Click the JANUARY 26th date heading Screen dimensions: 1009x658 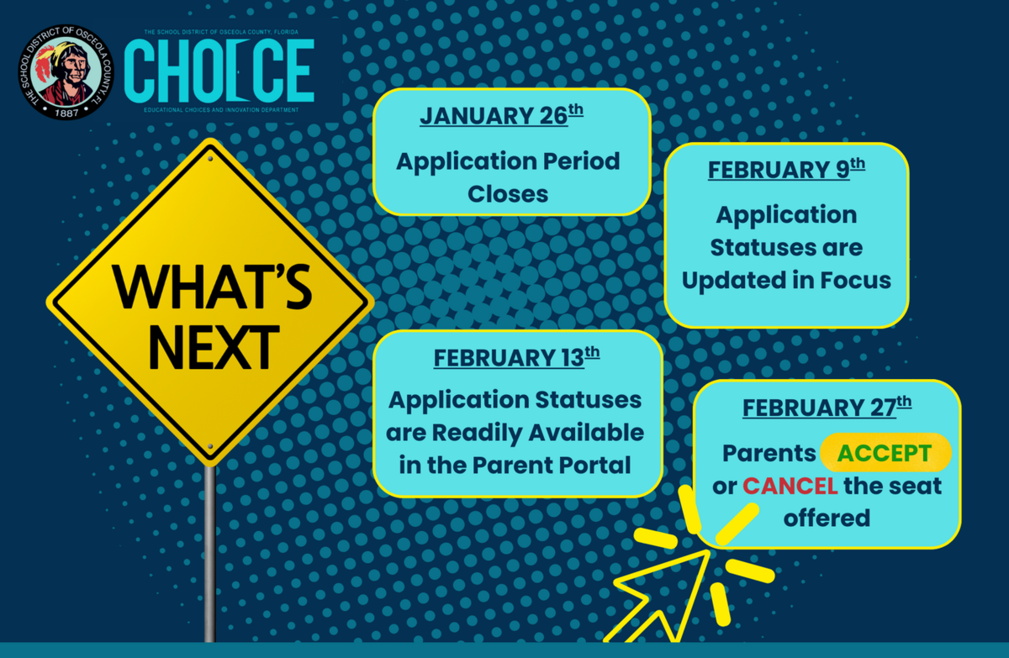click(x=501, y=115)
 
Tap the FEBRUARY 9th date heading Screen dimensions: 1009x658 click(x=786, y=169)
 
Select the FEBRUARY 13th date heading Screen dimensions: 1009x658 click(x=516, y=357)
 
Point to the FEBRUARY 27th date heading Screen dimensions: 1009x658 click(x=827, y=407)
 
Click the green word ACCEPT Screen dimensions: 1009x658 click(x=885, y=453)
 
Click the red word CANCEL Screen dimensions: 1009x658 click(x=790, y=486)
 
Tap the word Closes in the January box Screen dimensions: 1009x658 click(x=508, y=194)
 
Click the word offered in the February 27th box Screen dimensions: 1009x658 click(x=827, y=518)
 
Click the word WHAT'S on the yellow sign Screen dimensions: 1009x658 click(x=212, y=287)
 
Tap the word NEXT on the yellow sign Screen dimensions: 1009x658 click(x=214, y=347)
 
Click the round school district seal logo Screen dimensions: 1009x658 click(x=66, y=72)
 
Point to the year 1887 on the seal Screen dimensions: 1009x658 click(x=66, y=113)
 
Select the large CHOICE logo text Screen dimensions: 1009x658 click(x=219, y=71)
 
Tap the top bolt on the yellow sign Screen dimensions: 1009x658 click(x=210, y=159)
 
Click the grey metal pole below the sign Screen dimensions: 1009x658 click(x=210, y=554)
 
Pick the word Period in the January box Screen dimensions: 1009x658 click(x=581, y=161)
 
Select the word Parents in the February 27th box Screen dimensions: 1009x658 click(x=769, y=453)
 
